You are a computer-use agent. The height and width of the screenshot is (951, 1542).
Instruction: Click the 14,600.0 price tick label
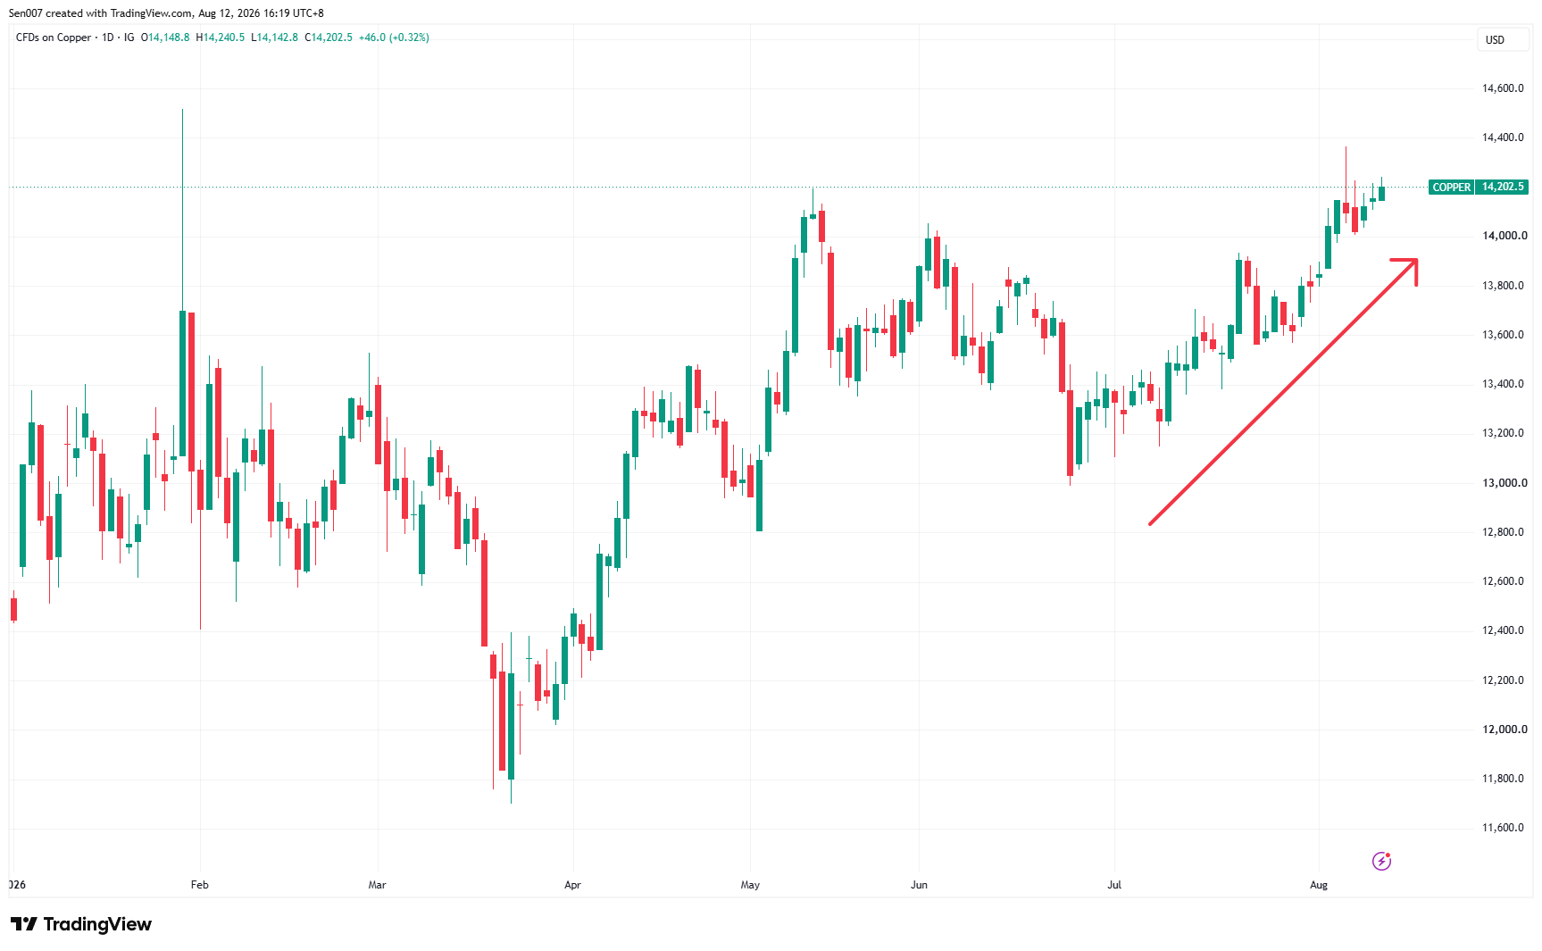click(1504, 88)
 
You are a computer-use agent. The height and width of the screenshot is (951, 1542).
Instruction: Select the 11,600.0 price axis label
click(1504, 828)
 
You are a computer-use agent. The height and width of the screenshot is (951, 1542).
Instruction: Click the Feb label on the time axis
click(200, 885)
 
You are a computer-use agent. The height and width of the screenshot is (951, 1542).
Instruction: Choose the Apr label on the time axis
click(573, 885)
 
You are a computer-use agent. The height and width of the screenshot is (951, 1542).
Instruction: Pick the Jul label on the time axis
click(1114, 885)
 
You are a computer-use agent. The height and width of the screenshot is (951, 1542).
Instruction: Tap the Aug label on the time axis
click(1319, 885)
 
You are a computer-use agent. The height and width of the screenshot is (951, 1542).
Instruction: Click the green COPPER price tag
click(1451, 188)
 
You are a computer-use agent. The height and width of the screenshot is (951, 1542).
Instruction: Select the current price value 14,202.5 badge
click(1503, 188)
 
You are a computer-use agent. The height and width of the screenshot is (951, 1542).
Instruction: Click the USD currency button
click(1495, 40)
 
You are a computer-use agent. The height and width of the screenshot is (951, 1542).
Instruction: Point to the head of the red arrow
click(1416, 260)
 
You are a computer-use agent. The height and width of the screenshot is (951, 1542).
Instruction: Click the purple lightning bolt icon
click(1381, 861)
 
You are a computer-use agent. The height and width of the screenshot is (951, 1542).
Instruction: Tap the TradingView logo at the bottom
click(81, 924)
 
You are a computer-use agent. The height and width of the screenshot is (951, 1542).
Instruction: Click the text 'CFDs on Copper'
click(54, 38)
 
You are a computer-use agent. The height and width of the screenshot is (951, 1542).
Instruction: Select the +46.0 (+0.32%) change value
click(394, 38)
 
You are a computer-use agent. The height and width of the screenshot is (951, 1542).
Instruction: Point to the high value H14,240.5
click(221, 38)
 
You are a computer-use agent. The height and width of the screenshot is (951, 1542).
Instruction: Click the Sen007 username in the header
click(25, 13)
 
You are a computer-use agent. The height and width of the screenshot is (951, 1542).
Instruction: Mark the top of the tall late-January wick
click(183, 110)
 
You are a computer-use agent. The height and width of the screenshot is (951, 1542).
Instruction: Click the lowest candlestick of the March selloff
click(512, 738)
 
